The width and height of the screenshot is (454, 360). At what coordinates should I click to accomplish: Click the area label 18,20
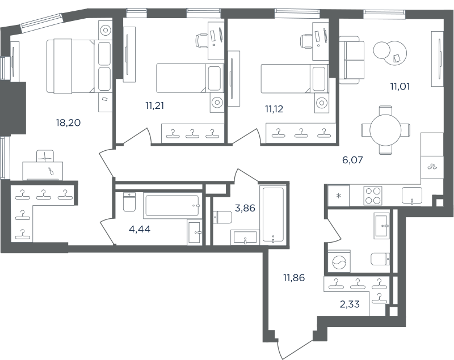tap(68, 123)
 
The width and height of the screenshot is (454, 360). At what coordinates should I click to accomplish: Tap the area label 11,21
tap(154, 106)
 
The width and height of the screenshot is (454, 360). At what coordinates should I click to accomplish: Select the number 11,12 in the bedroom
tap(274, 109)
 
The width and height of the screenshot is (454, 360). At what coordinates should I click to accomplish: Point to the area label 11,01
tap(400, 87)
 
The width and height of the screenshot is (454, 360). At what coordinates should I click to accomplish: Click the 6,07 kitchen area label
tap(352, 160)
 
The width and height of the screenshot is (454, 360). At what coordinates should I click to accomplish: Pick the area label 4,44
tap(140, 230)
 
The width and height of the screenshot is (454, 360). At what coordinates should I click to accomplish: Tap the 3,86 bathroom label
tap(245, 208)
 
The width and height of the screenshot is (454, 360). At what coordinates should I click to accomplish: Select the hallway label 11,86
tap(294, 278)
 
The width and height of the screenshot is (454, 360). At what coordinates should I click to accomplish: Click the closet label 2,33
tap(350, 304)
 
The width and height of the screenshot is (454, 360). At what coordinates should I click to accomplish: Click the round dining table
tap(385, 130)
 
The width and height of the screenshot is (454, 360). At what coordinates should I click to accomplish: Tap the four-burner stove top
tap(373, 196)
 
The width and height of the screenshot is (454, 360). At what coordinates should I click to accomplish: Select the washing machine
tap(339, 261)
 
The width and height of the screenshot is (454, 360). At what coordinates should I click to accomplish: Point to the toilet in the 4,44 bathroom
tap(129, 202)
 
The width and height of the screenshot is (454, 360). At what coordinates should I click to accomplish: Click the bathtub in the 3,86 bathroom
tap(273, 214)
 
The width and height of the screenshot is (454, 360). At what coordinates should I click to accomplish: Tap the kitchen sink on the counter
tap(412, 196)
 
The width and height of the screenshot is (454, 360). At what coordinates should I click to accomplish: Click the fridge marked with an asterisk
tap(338, 196)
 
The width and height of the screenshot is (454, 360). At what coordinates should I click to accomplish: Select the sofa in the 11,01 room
tap(351, 60)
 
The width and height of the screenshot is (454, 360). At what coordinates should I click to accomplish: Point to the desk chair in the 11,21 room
tap(202, 40)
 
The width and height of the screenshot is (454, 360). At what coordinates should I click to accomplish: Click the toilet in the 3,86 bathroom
tap(222, 217)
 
